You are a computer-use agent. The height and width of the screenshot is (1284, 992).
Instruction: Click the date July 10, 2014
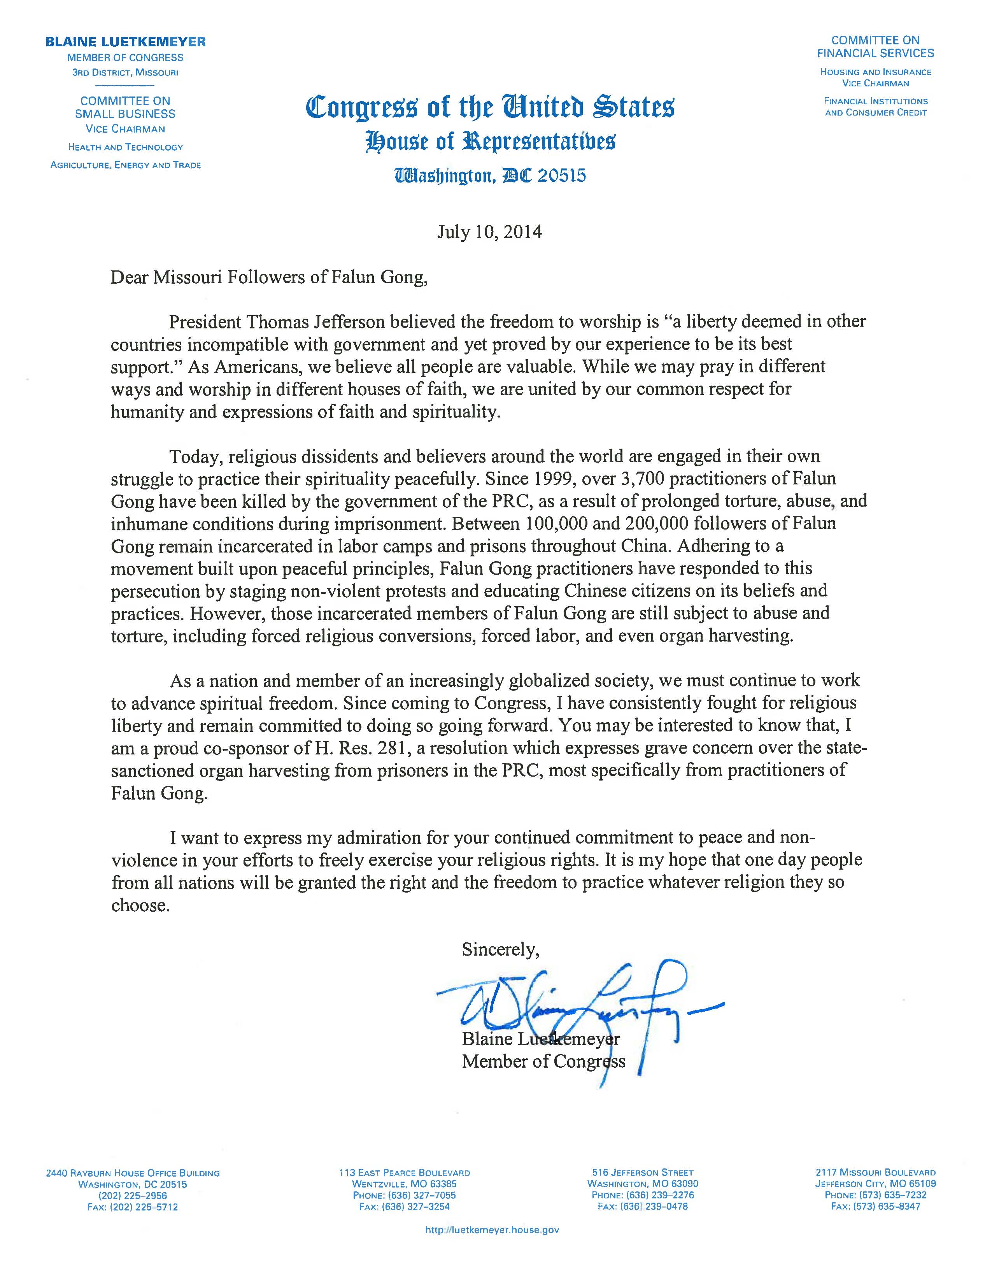pyautogui.click(x=489, y=232)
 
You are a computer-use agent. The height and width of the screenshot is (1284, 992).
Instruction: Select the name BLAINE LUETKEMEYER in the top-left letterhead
pyautogui.click(x=126, y=42)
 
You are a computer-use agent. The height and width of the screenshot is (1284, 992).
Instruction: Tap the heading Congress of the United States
pyautogui.click(x=490, y=108)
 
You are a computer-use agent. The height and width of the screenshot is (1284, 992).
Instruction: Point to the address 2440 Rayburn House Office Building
pyautogui.click(x=133, y=1173)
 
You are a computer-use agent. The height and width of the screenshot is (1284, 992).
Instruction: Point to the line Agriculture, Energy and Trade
pyautogui.click(x=126, y=165)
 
